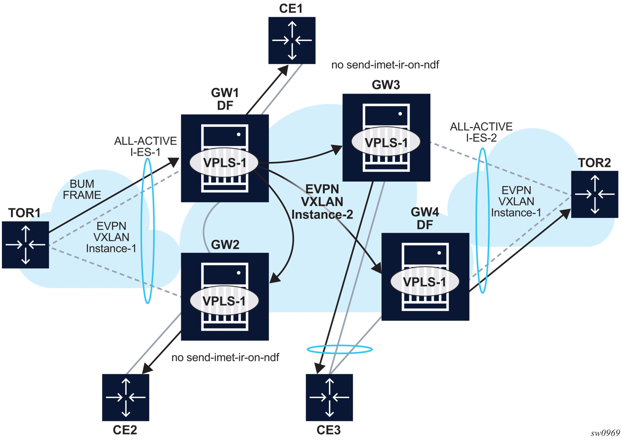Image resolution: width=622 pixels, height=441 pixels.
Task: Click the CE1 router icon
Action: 292,40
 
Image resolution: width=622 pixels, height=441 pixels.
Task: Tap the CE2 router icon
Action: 126,397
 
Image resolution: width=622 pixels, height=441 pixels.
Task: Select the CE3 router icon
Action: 329,397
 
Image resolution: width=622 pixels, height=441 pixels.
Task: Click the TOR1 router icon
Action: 25,245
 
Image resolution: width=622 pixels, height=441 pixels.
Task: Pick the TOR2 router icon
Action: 595,194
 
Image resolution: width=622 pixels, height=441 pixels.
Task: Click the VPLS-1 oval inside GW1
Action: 224,163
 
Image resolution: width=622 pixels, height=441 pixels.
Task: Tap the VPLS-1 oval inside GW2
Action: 224,301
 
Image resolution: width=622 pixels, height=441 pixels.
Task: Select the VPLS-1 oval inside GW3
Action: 386,142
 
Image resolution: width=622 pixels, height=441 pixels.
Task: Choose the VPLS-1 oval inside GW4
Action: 424,282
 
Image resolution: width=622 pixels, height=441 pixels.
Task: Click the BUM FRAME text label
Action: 82,189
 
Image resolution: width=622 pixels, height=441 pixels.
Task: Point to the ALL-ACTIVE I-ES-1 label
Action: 145,147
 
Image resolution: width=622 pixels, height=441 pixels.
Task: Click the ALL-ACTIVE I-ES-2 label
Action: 481,132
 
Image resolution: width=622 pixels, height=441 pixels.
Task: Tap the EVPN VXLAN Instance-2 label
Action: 322,202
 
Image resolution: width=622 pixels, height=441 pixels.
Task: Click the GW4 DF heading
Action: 425,218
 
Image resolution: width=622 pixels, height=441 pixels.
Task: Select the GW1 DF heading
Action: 225,99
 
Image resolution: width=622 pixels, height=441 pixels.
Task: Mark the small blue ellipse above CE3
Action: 339,349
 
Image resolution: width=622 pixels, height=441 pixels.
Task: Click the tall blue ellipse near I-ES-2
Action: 483,221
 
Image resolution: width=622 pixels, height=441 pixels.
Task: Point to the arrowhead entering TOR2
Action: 565,213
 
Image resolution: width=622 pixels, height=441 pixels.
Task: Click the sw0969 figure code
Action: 605,433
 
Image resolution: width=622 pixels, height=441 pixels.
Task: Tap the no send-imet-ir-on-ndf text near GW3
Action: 385,65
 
